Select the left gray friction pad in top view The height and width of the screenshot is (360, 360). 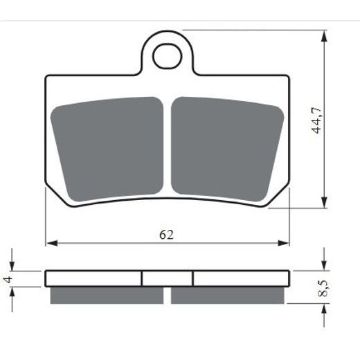coord(109,149)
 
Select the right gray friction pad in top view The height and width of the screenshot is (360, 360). coord(227,149)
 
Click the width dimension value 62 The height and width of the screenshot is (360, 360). coord(166,234)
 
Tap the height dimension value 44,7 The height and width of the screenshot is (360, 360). coord(316,119)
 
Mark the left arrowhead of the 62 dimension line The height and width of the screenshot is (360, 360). coord(50,244)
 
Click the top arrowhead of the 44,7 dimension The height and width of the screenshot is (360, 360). coord(324,34)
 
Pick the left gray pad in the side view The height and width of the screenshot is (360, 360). coord(107,295)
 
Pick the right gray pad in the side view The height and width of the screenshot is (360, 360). coord(228,295)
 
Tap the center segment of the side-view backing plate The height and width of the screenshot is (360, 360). coord(167,278)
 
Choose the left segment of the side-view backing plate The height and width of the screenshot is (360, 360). coord(93,278)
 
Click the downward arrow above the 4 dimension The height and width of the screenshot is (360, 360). coord(12,264)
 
